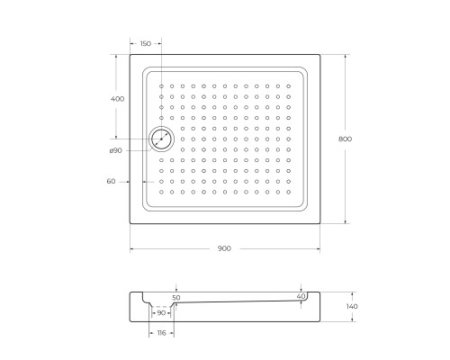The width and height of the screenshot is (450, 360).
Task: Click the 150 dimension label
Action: [x=146, y=42]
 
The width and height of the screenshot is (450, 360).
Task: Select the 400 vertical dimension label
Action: [x=117, y=98]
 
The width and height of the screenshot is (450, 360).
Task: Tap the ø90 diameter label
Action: [x=115, y=150]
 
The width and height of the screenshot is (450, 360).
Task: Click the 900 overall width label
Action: [x=225, y=248]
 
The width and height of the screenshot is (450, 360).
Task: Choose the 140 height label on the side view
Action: [x=352, y=307]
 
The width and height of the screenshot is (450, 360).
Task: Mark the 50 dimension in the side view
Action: [x=175, y=297]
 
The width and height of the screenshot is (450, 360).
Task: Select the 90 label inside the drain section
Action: [x=161, y=313]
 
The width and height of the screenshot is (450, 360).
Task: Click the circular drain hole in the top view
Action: [x=161, y=139]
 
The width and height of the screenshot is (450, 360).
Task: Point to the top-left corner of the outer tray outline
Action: [x=130, y=54]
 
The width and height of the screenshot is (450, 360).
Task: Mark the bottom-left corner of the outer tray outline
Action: [x=130, y=222]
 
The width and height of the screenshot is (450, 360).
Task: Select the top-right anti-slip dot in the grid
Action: [x=288, y=86]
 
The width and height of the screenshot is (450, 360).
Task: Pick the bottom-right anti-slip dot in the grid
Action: [x=288, y=191]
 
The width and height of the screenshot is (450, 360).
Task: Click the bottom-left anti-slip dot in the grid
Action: [x=162, y=191]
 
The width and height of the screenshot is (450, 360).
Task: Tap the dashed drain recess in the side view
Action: [x=161, y=308]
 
